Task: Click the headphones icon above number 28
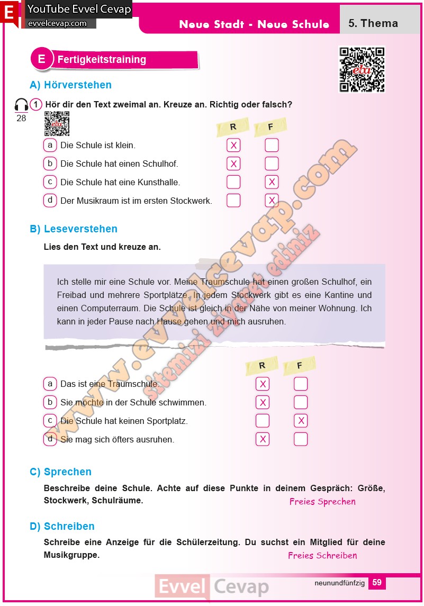coord(21,105)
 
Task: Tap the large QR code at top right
coord(362,69)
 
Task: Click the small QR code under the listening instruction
coord(57,124)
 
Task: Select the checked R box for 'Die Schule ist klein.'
coord(233,145)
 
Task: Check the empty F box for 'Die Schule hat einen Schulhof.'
coord(272,164)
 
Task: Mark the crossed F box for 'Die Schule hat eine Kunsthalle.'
coord(272,182)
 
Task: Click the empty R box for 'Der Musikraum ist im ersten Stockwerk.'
coord(233,200)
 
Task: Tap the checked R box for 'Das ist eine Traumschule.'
coord(262,384)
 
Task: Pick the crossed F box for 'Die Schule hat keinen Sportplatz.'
coord(301,421)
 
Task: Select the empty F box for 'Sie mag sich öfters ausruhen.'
coord(301,439)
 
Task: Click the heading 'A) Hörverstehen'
coord(70,85)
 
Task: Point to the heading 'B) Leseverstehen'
coord(74,229)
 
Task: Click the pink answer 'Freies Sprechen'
coord(322,502)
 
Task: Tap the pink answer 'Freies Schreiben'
coord(322,555)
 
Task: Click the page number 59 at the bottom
coord(376,582)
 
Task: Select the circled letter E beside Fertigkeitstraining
coord(42,59)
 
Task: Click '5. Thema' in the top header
coord(373,23)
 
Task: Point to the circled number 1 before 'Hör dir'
coord(35,105)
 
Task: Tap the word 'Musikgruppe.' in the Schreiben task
coord(71,555)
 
